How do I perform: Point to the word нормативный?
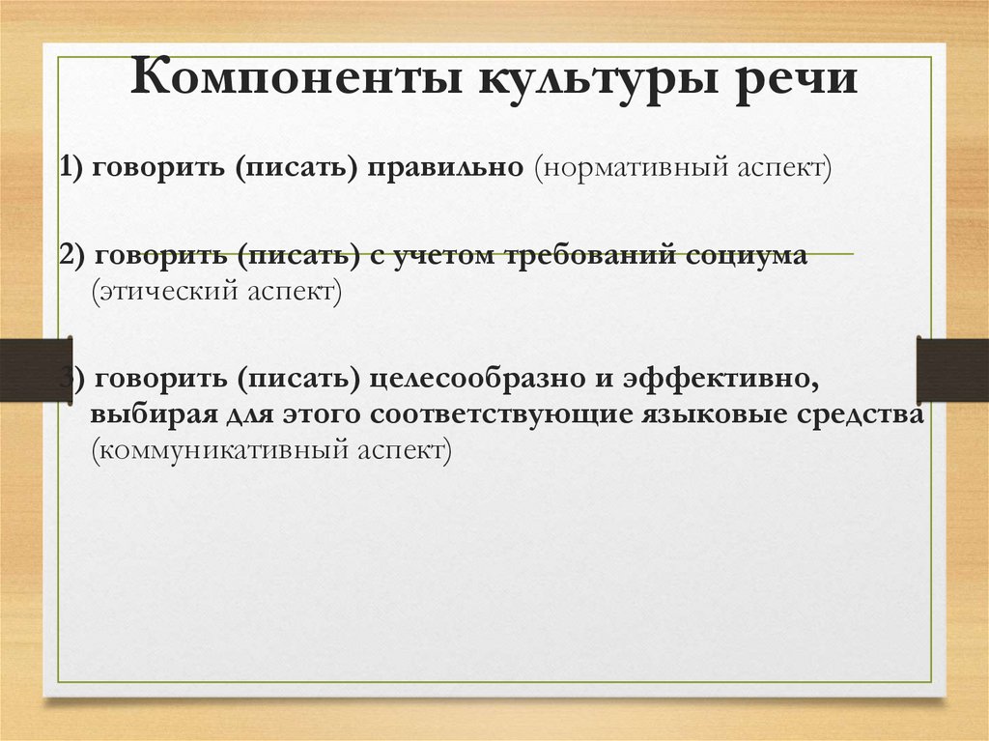632,168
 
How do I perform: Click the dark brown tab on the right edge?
952,370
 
